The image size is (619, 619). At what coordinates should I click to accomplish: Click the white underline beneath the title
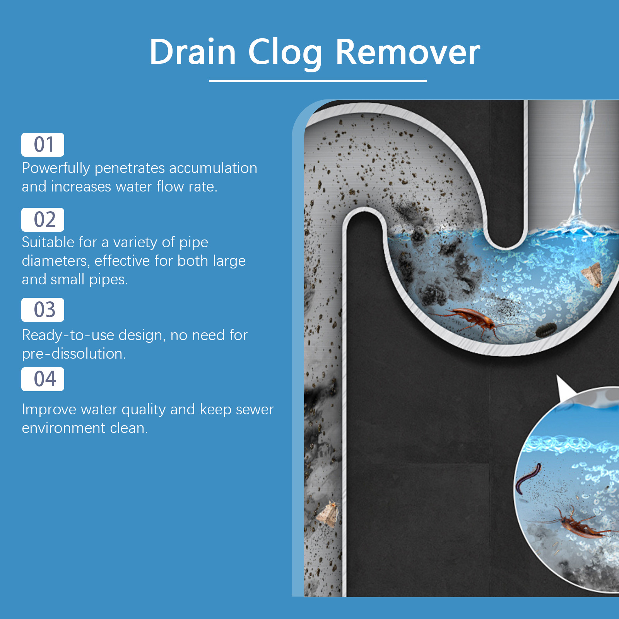318,80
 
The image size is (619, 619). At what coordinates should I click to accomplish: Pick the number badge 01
43,145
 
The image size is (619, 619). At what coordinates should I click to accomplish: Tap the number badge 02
43,220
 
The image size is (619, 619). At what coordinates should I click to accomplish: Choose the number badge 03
43,310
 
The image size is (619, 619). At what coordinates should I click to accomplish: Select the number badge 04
43,379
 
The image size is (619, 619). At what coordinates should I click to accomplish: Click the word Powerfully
56,168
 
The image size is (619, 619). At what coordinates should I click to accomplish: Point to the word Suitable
48,242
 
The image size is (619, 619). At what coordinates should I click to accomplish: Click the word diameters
56,261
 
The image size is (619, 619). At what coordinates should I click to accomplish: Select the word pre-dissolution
74,354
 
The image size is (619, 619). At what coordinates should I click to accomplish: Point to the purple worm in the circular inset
528,477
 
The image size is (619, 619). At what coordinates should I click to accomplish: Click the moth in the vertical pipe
328,513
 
